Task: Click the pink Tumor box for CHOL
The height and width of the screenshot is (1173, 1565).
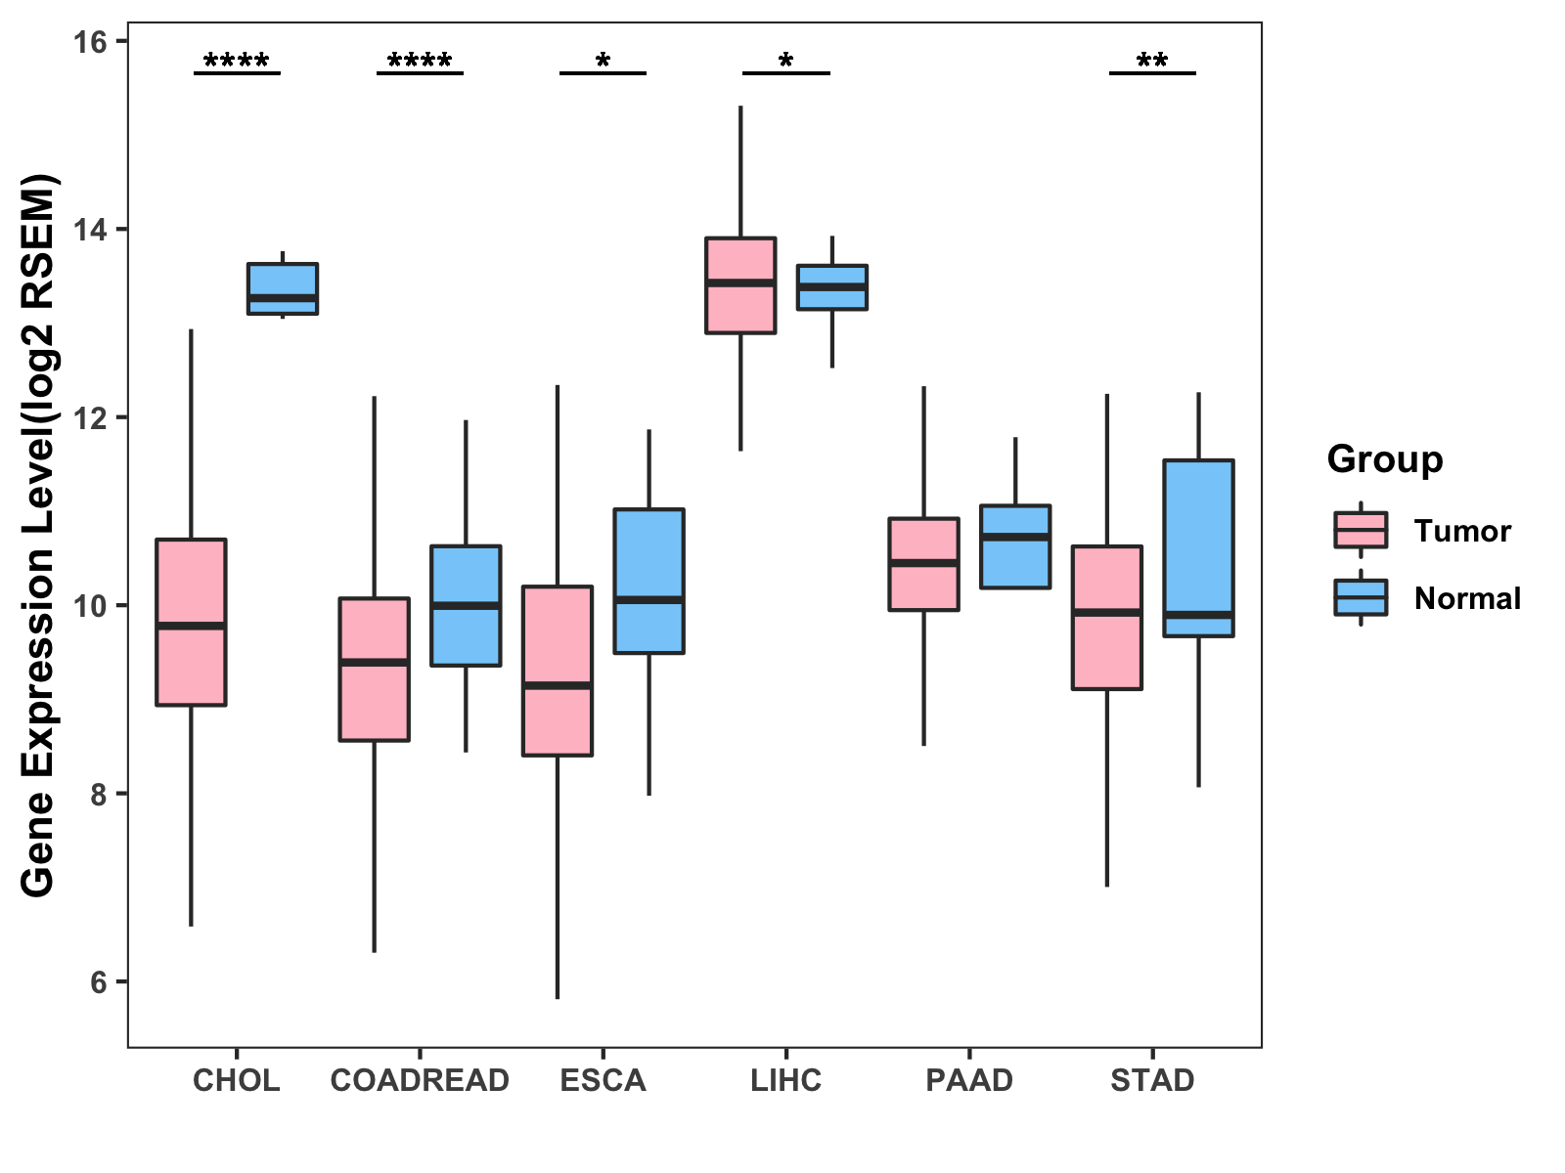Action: point(192,622)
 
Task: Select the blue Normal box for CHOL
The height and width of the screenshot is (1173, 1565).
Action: point(283,288)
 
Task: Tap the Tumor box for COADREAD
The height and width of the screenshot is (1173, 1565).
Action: point(375,670)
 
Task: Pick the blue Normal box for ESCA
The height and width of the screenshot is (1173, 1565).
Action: point(649,581)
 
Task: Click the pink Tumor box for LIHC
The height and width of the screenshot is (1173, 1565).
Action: point(741,285)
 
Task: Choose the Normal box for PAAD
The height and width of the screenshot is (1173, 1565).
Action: point(1015,546)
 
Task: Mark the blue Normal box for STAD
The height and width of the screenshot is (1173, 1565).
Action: point(1199,548)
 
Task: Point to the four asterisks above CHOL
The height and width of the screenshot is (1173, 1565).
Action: point(237,63)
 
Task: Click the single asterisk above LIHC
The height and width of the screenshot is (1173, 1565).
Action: point(786,63)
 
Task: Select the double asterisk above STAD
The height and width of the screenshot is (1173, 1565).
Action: point(1152,63)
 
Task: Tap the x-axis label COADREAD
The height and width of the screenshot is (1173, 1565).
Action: point(420,1080)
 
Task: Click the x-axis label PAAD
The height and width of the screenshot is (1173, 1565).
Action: point(969,1080)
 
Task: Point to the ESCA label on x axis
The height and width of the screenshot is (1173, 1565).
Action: point(603,1080)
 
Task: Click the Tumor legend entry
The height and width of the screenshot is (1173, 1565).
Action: point(1461,531)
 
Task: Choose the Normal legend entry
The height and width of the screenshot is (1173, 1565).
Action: point(1466,598)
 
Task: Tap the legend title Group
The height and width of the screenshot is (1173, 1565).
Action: point(1385,459)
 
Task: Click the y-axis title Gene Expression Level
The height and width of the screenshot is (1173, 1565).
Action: point(39,536)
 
